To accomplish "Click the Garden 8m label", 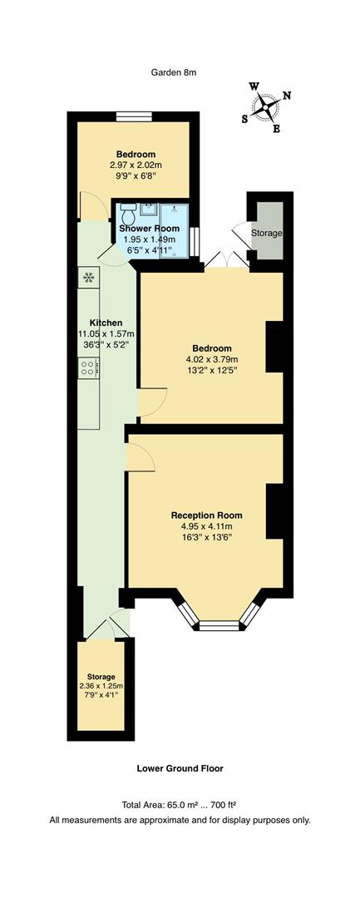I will click(173, 72).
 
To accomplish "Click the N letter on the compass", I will click(287, 96).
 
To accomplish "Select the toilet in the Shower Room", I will click(127, 210).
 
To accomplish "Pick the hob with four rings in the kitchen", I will click(88, 367).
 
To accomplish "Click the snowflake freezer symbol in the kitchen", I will click(88, 278).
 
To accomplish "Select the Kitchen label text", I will click(106, 323).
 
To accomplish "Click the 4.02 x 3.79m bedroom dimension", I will click(209, 359).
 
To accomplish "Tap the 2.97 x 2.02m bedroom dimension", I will click(136, 165).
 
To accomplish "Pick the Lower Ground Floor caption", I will click(180, 769).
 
